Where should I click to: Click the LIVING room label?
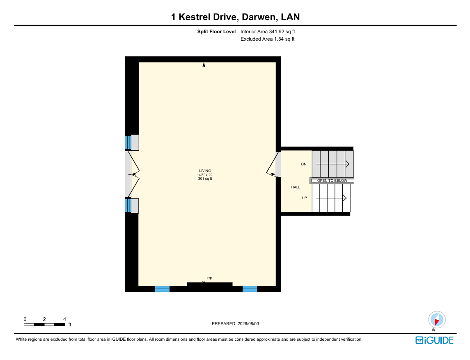click(x=205, y=171)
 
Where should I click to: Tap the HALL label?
click(x=296, y=187)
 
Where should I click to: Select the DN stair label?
click(x=304, y=164)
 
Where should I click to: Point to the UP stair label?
click(x=304, y=198)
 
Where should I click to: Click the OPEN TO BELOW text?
click(x=332, y=181)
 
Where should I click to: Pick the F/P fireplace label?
click(x=209, y=278)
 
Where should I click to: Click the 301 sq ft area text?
click(x=205, y=179)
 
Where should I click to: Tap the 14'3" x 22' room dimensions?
click(x=205, y=175)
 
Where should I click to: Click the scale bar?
click(x=44, y=325)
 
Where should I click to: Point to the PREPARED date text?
click(x=235, y=324)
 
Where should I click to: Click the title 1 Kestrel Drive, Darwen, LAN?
click(x=235, y=17)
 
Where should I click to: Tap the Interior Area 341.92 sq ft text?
click(x=268, y=32)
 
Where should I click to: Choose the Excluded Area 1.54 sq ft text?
click(x=267, y=39)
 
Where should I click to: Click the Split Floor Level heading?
click(x=216, y=32)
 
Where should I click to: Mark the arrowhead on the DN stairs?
click(x=347, y=164)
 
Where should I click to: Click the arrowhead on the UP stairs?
click(x=345, y=198)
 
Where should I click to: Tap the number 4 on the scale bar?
click(x=64, y=319)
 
